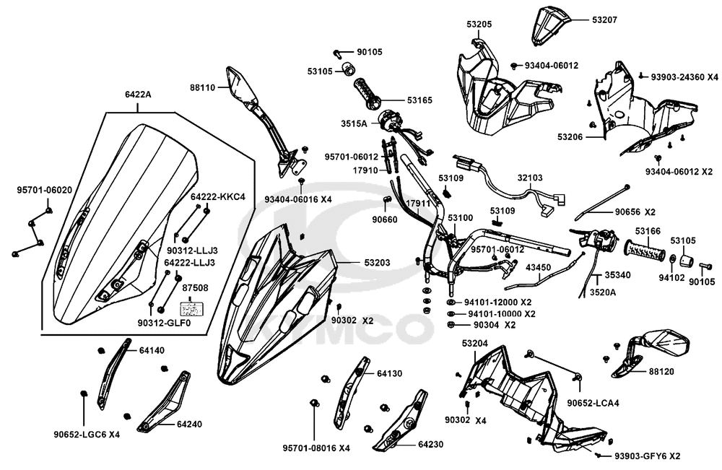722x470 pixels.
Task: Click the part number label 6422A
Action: tap(138, 95)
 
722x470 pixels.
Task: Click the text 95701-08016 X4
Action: tap(316, 448)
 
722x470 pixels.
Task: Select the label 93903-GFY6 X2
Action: tap(647, 456)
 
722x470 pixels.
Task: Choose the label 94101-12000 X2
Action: tap(499, 303)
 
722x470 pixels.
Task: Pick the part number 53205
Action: tap(479, 24)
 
